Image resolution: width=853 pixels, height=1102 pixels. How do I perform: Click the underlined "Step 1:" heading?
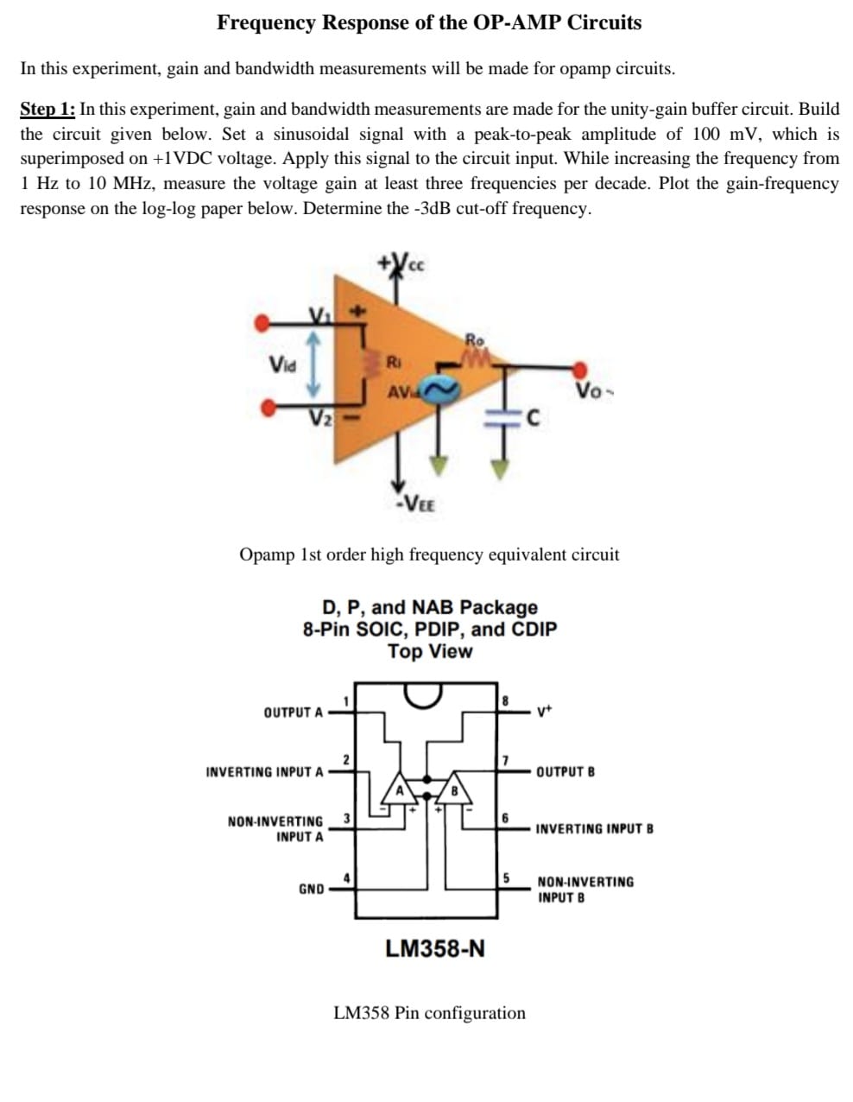point(47,110)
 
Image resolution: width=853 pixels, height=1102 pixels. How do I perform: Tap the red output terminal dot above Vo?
point(582,368)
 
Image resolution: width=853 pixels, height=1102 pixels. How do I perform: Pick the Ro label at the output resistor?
point(475,339)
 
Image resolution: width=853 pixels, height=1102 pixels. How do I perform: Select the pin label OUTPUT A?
point(294,712)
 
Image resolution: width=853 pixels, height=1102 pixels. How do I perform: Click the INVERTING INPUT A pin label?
point(265,771)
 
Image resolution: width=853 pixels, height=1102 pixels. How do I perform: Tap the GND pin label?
point(311,889)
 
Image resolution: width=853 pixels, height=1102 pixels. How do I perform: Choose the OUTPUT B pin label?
point(566,771)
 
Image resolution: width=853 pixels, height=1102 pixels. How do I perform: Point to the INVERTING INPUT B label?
point(594,829)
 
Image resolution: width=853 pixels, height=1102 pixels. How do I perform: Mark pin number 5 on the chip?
point(508,878)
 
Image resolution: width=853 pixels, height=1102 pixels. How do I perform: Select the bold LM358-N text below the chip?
point(435,948)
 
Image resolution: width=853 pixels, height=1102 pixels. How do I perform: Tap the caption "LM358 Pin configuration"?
point(429,1012)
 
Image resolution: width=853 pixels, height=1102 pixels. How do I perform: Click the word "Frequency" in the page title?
point(267,22)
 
